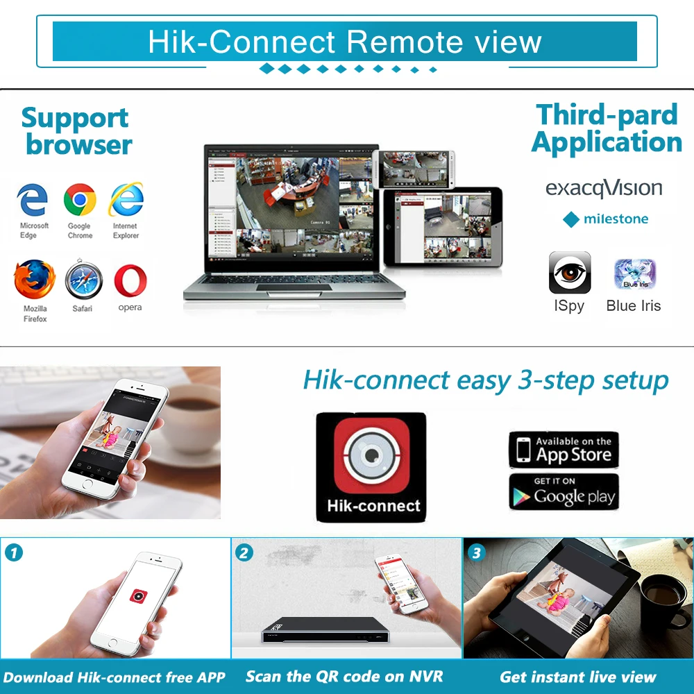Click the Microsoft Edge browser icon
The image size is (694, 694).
point(33,200)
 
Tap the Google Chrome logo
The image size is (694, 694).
point(80,200)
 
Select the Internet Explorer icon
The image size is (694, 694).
point(126,200)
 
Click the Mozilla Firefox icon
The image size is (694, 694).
point(34,280)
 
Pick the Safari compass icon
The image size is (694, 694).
point(83,281)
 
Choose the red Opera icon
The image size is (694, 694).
point(130,281)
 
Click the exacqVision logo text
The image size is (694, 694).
point(604,188)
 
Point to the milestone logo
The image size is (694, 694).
point(605,219)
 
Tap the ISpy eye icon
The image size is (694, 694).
point(570,273)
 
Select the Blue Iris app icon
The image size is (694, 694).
point(634,274)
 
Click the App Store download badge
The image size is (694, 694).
point(564,449)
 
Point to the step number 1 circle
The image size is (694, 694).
point(14,552)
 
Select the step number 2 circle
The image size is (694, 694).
point(244,552)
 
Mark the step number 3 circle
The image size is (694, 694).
point(476,552)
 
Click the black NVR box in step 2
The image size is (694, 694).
point(324,629)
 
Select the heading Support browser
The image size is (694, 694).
point(76,131)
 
